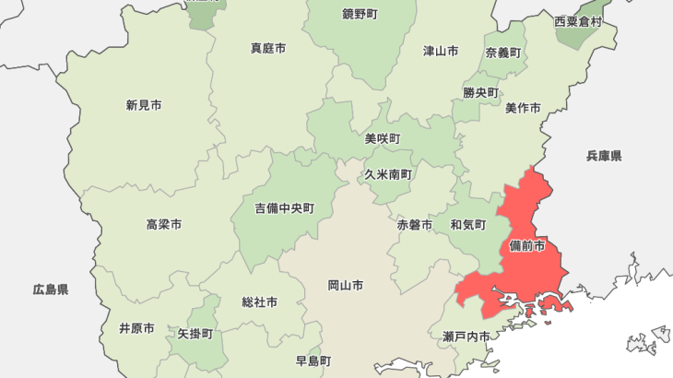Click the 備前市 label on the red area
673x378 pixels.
pyautogui.click(x=526, y=247)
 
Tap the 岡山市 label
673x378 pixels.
pyautogui.click(x=345, y=286)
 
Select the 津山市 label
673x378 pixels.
pyautogui.click(x=441, y=52)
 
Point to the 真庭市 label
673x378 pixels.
pyautogui.click(x=268, y=48)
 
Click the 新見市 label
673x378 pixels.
pyautogui.click(x=144, y=106)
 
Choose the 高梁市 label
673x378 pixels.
pyautogui.click(x=163, y=225)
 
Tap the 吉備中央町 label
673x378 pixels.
pyautogui.click(x=285, y=209)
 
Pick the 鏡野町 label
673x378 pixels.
pyautogui.click(x=360, y=15)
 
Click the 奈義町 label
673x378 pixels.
pyautogui.click(x=503, y=53)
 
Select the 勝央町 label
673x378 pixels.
pyautogui.click(x=480, y=93)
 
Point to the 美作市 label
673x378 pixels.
pyautogui.click(x=523, y=109)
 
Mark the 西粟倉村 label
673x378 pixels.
pyautogui.click(x=578, y=21)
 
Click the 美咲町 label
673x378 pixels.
pyautogui.click(x=383, y=139)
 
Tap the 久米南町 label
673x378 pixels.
pyautogui.click(x=387, y=174)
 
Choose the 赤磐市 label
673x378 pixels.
pyautogui.click(x=415, y=225)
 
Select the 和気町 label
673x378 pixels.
pyautogui.click(x=467, y=225)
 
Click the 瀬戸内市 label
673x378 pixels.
pyautogui.click(x=466, y=337)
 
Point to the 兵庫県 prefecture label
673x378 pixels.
pyautogui.click(x=604, y=157)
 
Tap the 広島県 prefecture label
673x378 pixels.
pyautogui.click(x=51, y=289)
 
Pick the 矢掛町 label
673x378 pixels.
pyautogui.click(x=195, y=334)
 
